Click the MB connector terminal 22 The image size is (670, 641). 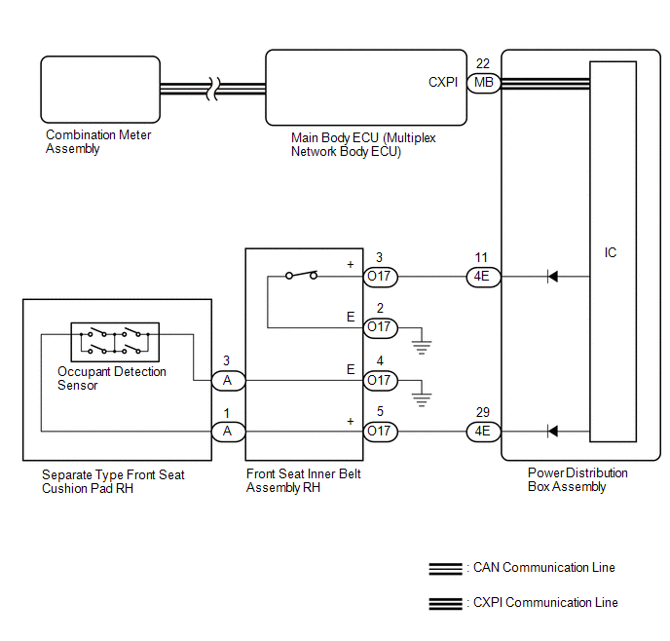coord(484,82)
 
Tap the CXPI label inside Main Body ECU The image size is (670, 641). coord(443,82)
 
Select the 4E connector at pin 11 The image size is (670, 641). coord(483,277)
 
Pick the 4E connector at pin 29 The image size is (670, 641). coord(483,432)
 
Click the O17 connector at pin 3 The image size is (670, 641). coord(381,277)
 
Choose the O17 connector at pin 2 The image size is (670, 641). coord(381,327)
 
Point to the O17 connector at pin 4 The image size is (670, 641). coord(381,380)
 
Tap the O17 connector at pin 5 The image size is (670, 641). coord(381,432)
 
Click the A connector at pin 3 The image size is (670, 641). coord(229,380)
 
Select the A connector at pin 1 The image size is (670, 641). coord(229,432)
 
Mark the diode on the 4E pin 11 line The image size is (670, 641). coord(552,277)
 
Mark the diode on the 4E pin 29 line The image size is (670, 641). coord(552,432)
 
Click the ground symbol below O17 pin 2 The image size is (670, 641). coord(422,348)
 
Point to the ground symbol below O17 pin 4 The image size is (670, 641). coord(422,400)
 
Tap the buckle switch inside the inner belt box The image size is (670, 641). coord(301,275)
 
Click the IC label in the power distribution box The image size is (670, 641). coord(611,252)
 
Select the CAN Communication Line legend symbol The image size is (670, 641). coord(446,569)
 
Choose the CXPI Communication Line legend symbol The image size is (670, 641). coord(446,603)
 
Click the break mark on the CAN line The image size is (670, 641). coord(213,89)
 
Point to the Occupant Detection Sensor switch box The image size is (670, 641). coord(115,342)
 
